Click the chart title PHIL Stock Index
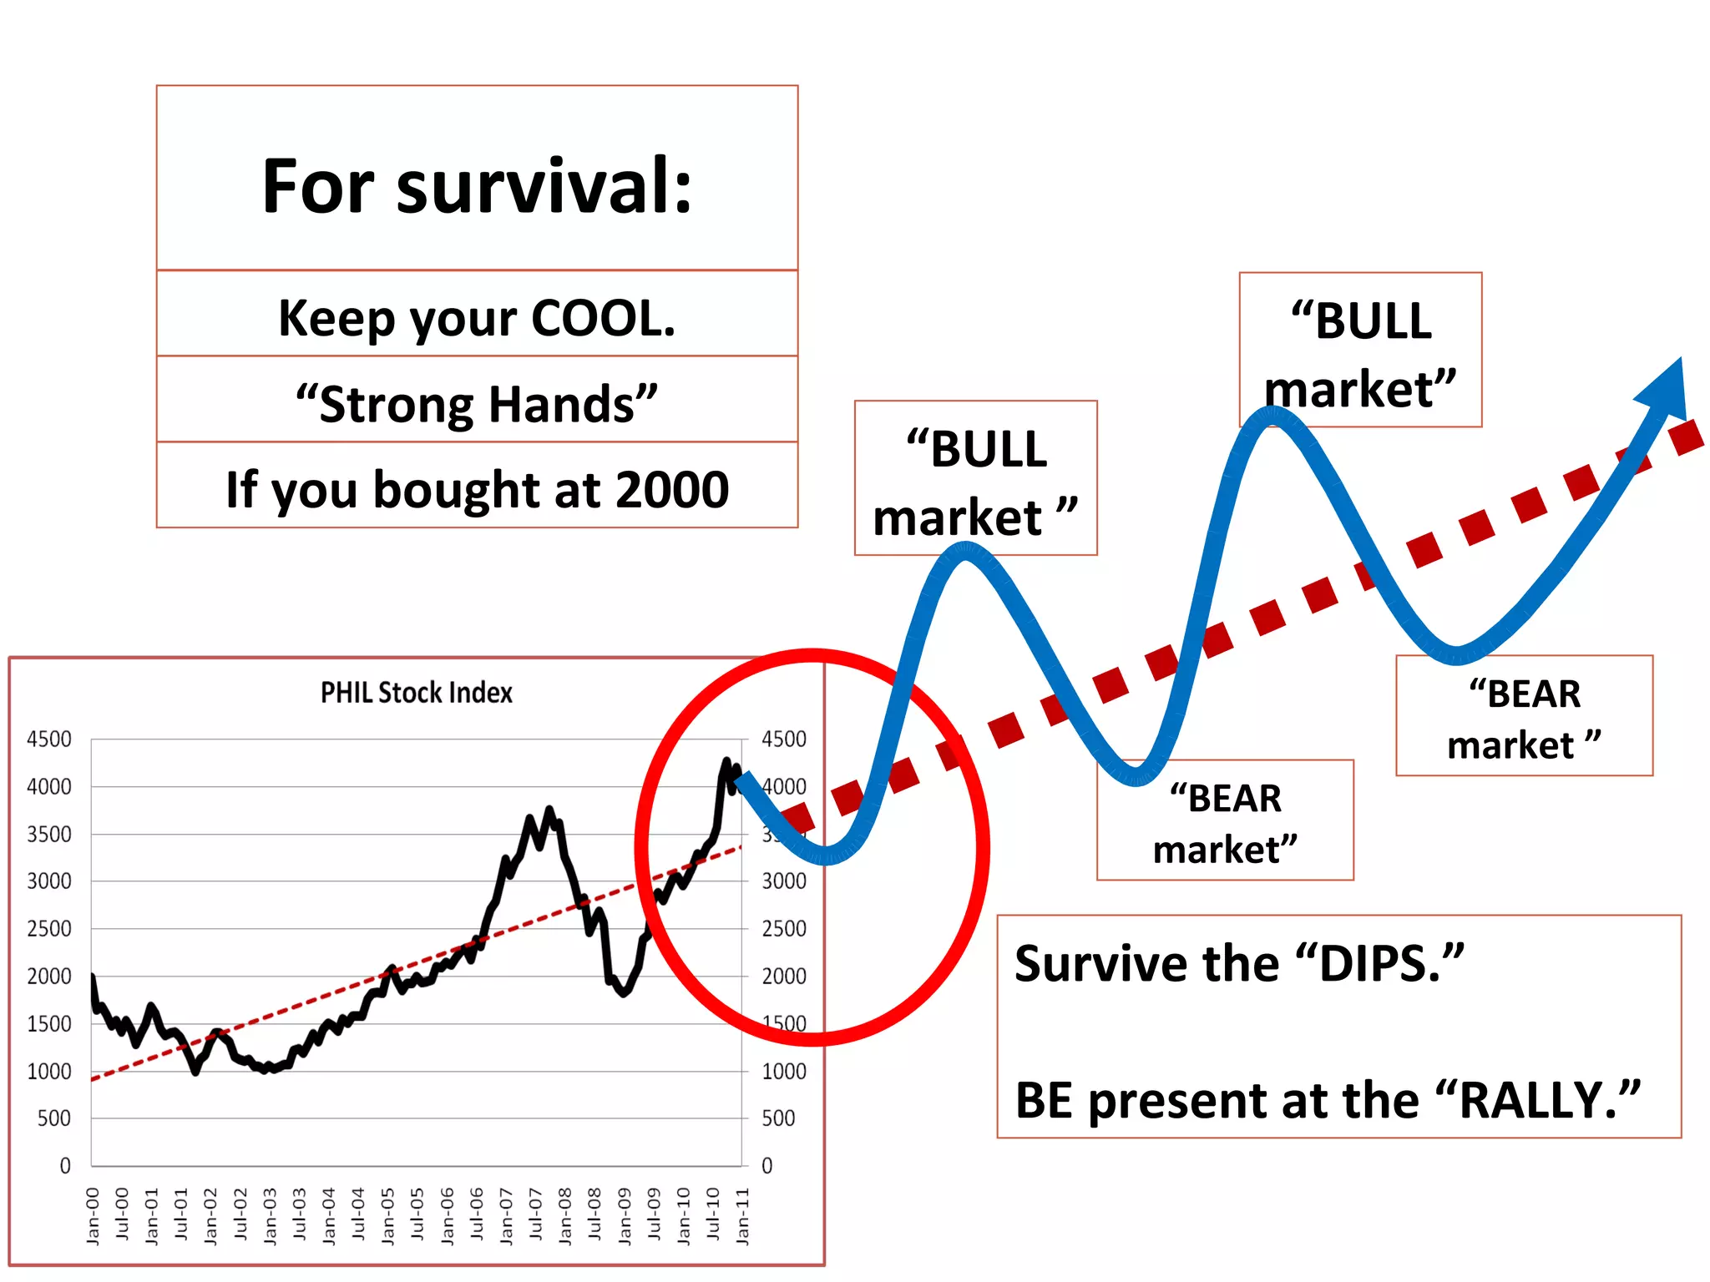coord(416,693)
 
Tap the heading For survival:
coord(477,186)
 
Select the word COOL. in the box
coord(603,318)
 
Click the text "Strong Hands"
coord(477,404)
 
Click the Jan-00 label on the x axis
coord(93,1216)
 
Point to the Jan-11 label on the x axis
coord(742,1216)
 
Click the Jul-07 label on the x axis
coord(535,1216)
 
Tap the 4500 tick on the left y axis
coord(49,739)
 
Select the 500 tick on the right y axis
coord(778,1118)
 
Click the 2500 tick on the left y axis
coord(49,929)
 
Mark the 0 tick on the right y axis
coord(767,1166)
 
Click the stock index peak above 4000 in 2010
coord(726,761)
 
